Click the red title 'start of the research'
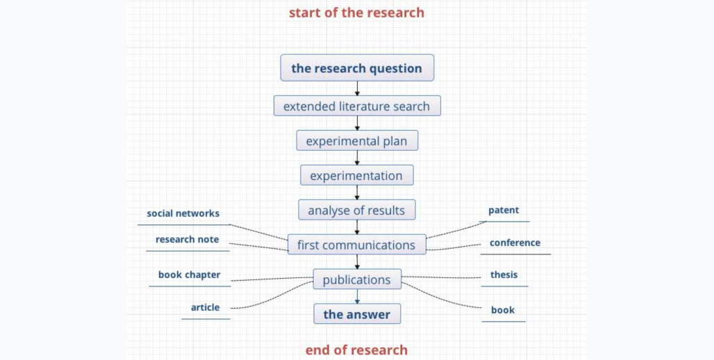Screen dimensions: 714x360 356,13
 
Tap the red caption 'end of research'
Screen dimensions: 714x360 356,350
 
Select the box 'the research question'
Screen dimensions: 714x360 357,68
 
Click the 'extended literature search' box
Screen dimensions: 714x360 357,106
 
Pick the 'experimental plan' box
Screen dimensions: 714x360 357,140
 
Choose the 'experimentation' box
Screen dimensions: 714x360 357,175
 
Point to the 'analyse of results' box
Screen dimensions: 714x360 357,210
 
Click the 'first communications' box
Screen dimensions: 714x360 357,244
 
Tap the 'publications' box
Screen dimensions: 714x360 357,279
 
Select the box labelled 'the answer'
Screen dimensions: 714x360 357,314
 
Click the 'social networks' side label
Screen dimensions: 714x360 183,213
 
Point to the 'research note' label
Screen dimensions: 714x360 187,239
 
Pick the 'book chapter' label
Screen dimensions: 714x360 190,275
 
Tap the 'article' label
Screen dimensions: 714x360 206,307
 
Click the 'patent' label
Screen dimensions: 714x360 504,210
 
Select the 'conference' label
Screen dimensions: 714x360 515,243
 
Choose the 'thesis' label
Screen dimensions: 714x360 504,275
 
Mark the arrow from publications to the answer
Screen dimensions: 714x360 357,296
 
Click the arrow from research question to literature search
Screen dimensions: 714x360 357,88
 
